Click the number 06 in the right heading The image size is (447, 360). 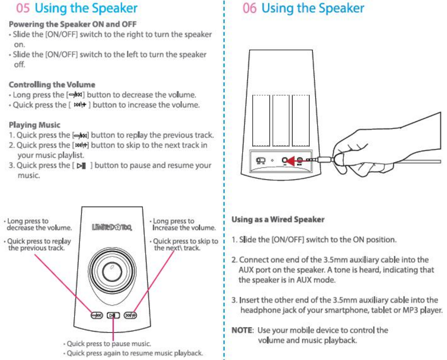[250, 8]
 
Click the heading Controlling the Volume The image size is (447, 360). [52, 85]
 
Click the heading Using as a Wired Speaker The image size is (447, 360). [278, 220]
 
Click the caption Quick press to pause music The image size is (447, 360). [109, 344]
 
